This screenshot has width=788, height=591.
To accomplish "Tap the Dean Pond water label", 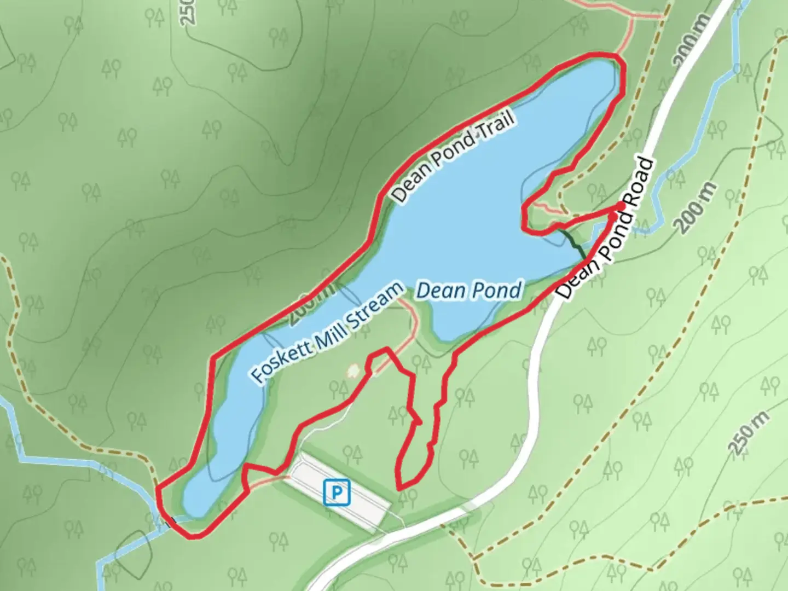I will (x=469, y=290).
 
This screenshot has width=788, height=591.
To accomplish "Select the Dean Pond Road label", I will (x=607, y=229).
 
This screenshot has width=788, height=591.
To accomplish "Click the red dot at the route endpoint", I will (x=619, y=206).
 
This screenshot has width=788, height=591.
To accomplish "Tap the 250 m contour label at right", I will (x=749, y=432).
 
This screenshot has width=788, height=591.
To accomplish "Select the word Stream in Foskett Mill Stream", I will (x=377, y=306).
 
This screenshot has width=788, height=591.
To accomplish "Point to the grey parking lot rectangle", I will (x=339, y=490).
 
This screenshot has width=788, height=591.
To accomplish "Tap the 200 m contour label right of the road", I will (x=696, y=208).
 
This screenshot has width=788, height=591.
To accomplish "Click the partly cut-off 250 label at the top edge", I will (x=187, y=12).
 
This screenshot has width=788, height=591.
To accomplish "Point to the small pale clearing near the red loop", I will (x=353, y=371).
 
